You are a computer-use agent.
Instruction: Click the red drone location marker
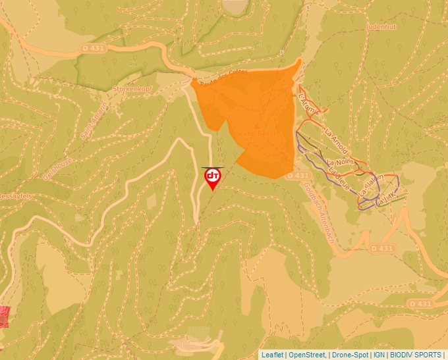[213, 177]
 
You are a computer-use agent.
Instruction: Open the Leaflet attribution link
[272, 355]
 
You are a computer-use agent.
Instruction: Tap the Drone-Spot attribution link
[350, 355]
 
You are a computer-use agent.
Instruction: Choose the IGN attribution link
[379, 355]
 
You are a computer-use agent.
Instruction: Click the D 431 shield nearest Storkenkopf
[94, 49]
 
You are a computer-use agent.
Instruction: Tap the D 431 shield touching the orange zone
[298, 176]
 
